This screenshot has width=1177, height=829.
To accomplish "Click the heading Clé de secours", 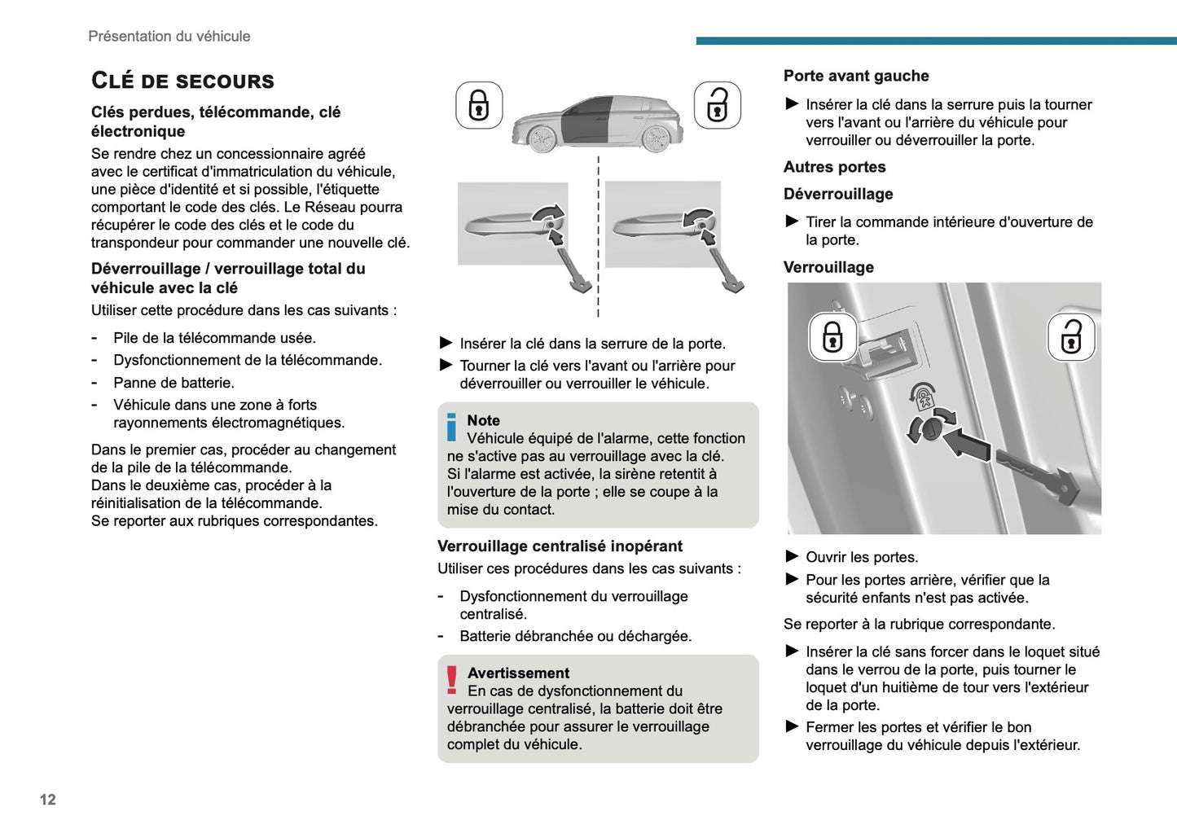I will pos(182,81).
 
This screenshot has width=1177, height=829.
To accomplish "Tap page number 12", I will pos(48,800).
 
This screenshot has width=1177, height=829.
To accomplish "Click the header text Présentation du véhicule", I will pos(169,37).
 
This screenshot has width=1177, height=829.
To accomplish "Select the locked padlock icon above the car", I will pos(479,105).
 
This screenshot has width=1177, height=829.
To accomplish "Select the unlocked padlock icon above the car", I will pos(717,105).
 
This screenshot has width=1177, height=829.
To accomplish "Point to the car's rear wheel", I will pos(656,138).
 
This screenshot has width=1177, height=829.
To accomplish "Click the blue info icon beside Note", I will pos(452,428).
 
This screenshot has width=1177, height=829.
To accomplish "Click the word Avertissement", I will pos(518,673).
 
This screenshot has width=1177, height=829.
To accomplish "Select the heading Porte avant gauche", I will pos(856,76).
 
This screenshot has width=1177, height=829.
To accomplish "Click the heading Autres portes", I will pos(834,167).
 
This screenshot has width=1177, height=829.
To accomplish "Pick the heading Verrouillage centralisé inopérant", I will pos(560,546).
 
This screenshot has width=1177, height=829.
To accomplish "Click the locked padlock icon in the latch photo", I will pos(832,336).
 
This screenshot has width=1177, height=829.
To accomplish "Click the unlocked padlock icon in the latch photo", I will pos(1071,336).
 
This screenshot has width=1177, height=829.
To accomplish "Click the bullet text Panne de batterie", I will pos(173,383).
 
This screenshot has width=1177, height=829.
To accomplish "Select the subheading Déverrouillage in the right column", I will pos(838,195).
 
